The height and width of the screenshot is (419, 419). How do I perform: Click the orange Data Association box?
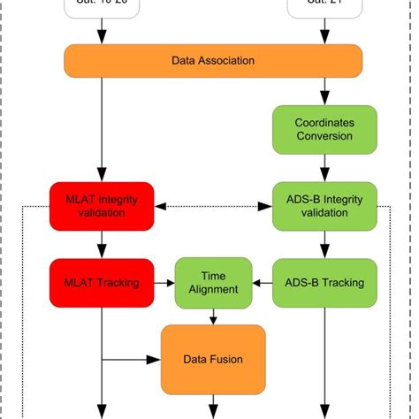tap(213, 61)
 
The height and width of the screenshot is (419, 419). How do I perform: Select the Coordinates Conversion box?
tap(324, 129)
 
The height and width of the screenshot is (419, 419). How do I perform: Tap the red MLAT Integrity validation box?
tap(102, 206)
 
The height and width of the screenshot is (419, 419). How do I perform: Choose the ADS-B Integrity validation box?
tap(324, 206)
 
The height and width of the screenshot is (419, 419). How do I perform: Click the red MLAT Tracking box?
tap(102, 283)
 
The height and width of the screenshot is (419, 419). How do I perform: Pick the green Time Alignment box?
tap(213, 283)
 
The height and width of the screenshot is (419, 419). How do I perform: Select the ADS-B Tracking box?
tap(324, 283)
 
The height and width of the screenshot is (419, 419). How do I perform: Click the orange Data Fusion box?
tap(213, 359)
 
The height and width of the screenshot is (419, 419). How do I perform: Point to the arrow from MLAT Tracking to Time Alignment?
tap(164, 283)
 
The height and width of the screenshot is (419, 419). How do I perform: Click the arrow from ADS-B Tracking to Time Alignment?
tap(262, 283)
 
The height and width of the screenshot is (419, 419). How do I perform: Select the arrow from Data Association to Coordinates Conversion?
tap(324, 91)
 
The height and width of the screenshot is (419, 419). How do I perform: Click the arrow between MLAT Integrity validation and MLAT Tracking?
tap(102, 245)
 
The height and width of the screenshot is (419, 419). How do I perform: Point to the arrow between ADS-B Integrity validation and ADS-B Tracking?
tap(324, 245)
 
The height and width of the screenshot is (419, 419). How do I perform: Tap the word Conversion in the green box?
tap(324, 137)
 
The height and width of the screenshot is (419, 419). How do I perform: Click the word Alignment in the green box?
tap(213, 290)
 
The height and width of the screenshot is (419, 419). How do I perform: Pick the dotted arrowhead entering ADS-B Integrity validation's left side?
tap(266, 206)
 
